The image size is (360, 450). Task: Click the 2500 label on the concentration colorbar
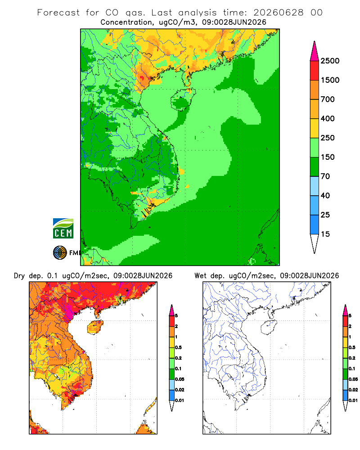pos(330,61)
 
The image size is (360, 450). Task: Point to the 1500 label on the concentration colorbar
pos(330,80)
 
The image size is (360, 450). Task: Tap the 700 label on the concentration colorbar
pos(328,99)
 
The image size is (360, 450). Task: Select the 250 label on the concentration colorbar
pos(328,138)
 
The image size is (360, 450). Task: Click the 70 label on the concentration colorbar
pos(325,176)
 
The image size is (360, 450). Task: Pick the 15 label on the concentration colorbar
pos(325,234)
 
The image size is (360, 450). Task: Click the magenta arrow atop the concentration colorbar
pos(315,51)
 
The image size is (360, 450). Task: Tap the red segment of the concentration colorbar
pos(315,71)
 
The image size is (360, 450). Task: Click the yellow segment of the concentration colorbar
pos(315,128)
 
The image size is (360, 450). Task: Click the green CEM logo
pos(63,229)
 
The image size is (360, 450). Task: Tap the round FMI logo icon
pos(60,253)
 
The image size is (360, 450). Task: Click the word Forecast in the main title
pos(58,13)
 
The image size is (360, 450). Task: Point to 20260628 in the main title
pos(279,13)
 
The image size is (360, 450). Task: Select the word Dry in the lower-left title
pos(19,276)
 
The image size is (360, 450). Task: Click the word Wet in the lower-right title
pos(200,276)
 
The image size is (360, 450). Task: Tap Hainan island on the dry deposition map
pos(95,327)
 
